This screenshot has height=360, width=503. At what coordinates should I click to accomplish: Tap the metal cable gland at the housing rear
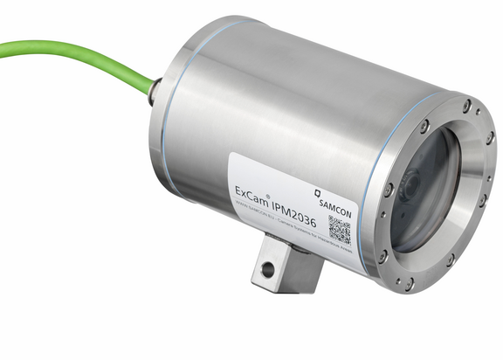154,89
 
